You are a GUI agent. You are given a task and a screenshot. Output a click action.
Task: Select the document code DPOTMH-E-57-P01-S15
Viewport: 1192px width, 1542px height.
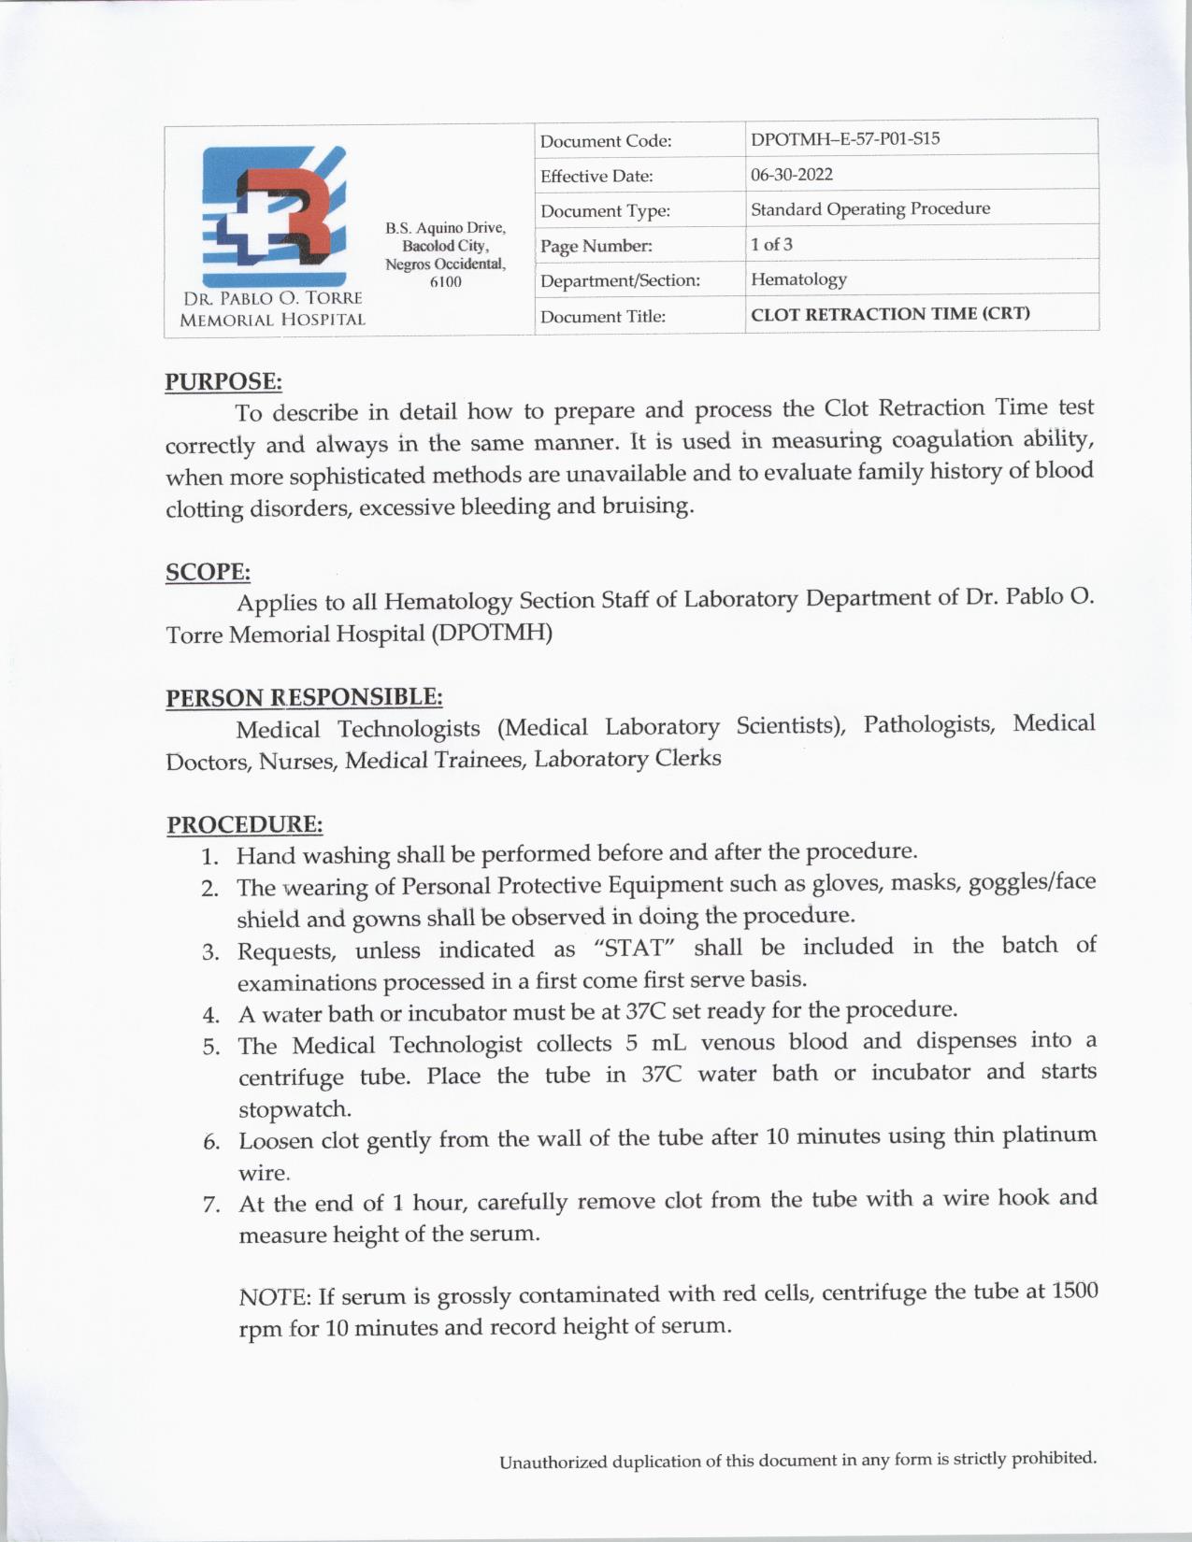845,139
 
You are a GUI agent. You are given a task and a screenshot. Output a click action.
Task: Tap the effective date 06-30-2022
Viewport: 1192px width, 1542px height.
791,175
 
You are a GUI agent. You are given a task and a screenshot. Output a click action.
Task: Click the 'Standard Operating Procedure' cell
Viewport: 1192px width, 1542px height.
870,209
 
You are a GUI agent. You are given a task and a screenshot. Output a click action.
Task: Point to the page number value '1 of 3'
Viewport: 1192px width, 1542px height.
771,245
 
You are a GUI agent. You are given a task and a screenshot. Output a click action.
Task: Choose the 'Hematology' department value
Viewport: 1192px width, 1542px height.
798,279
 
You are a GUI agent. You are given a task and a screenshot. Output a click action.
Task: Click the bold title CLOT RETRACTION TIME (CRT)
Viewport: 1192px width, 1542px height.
890,314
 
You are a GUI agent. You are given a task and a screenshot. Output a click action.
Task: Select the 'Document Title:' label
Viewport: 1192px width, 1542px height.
603,317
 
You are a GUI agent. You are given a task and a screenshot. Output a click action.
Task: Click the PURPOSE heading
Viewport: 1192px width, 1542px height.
223,381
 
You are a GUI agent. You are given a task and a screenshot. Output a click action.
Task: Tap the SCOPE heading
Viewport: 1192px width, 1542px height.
208,572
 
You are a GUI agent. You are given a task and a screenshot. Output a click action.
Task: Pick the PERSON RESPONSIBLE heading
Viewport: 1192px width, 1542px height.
304,698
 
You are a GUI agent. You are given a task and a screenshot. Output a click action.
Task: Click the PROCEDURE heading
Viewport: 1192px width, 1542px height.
244,825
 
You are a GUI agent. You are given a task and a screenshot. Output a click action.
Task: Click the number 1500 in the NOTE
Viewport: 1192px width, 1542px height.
1074,1291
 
